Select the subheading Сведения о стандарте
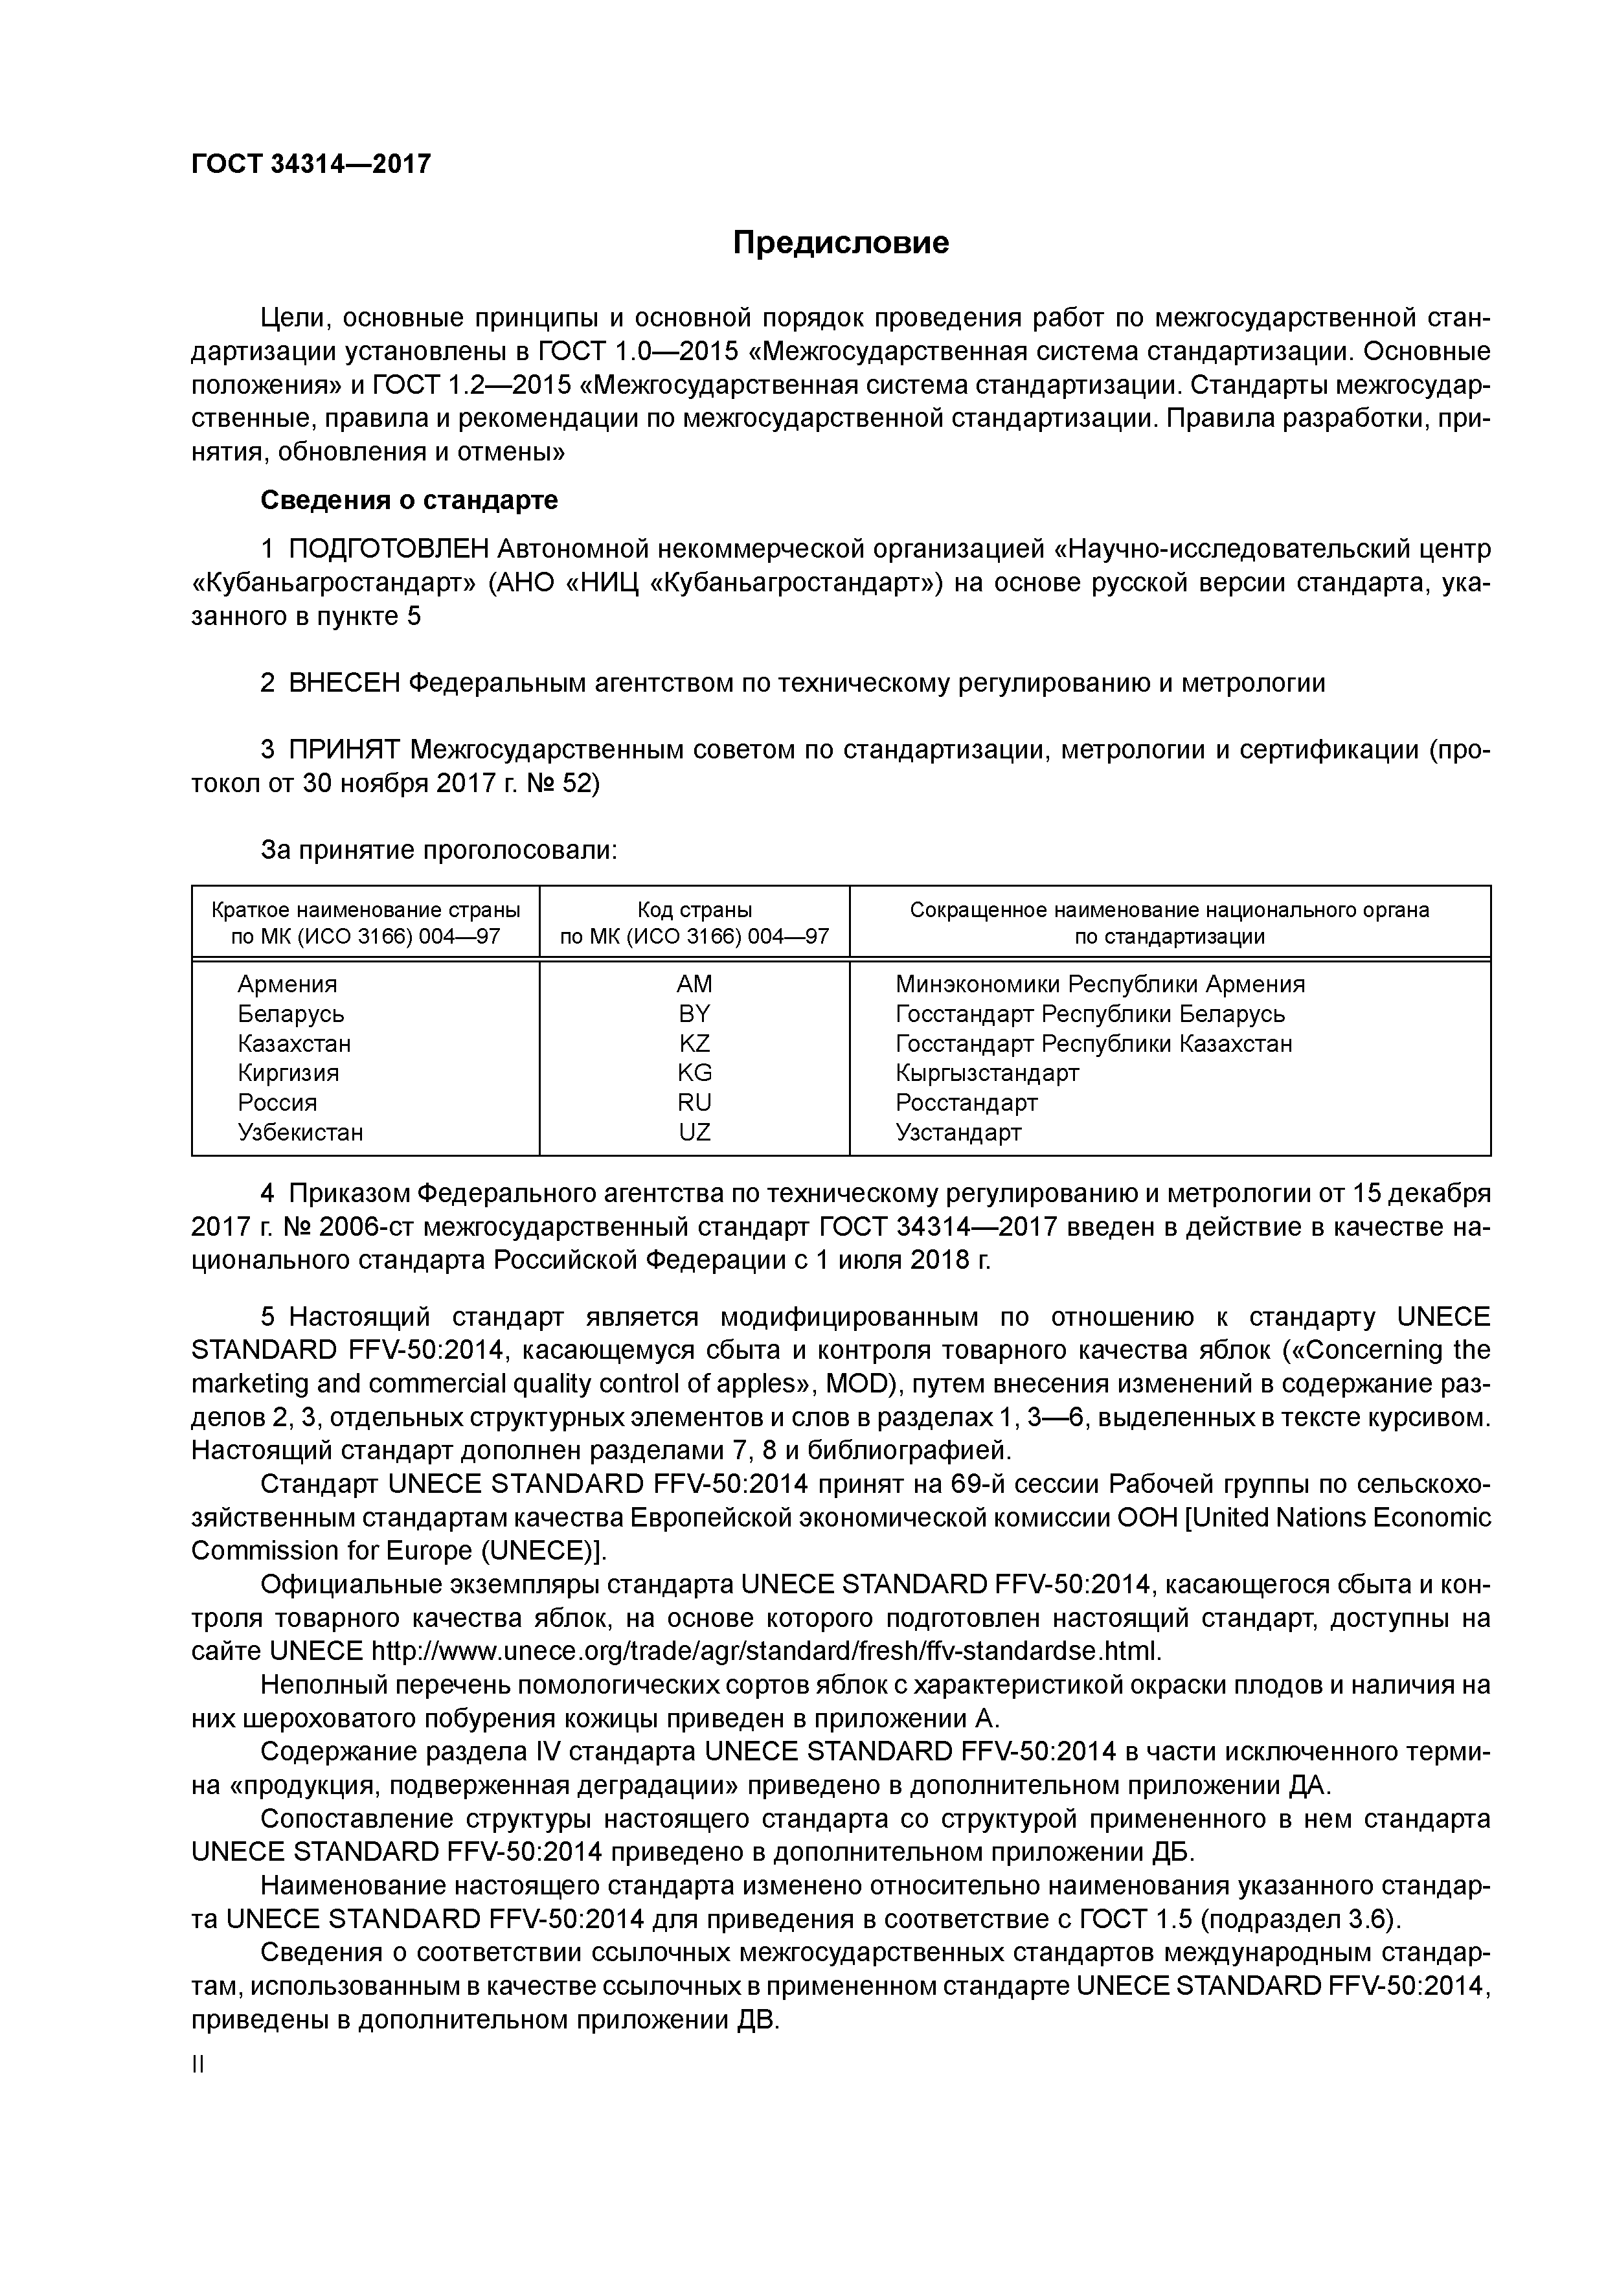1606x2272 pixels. [409, 501]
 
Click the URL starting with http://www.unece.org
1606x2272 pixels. [765, 1652]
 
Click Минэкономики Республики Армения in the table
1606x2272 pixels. [1100, 984]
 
